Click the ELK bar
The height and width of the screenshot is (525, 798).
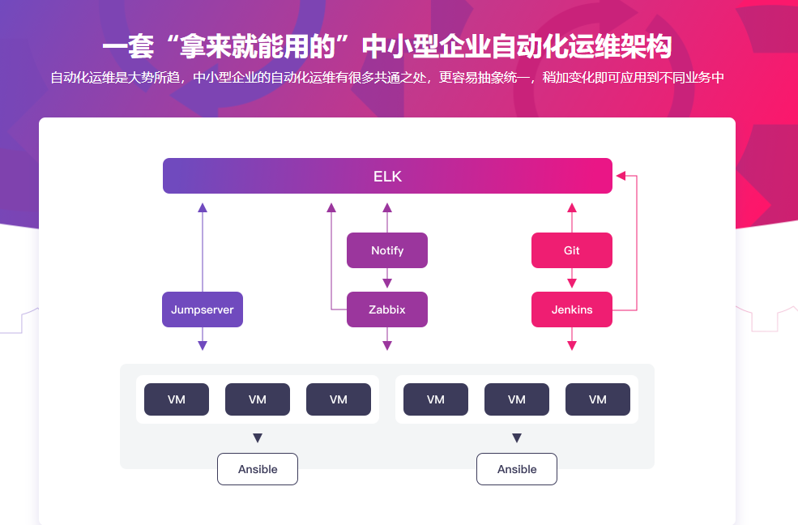[x=387, y=176]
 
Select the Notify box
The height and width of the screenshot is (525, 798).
[x=387, y=250]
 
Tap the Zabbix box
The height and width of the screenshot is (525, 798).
[x=387, y=309]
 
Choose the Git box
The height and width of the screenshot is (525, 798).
[x=572, y=250]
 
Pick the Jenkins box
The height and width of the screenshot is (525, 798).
[x=572, y=309]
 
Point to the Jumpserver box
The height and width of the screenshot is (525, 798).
[x=203, y=309]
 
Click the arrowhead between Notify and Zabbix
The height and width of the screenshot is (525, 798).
[x=387, y=283]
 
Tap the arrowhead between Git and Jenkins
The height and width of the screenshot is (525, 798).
[x=572, y=283]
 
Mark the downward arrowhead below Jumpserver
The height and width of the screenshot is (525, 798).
[x=203, y=346]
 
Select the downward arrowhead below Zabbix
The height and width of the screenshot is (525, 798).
[x=387, y=346]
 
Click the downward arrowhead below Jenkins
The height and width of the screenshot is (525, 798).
[x=572, y=346]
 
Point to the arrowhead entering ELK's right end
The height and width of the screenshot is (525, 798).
[x=621, y=174]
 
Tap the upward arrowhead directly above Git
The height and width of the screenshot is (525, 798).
[x=572, y=207]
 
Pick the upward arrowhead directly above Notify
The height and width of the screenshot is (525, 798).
[x=387, y=207]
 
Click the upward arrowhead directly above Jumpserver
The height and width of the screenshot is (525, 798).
[x=203, y=207]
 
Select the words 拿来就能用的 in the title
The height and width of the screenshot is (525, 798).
[x=259, y=47]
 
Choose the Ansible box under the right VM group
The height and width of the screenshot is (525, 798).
[x=517, y=469]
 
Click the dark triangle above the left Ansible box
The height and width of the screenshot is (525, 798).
[x=258, y=438]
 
